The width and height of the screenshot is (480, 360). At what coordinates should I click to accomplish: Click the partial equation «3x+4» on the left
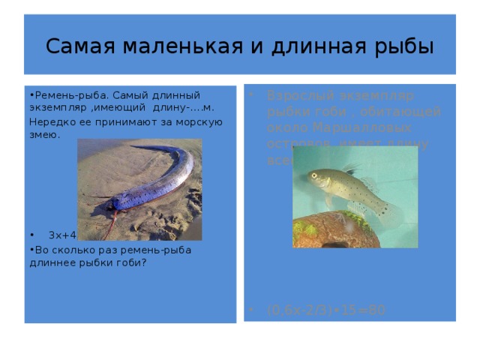60,236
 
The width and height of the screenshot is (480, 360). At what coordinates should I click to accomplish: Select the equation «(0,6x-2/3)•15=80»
326,308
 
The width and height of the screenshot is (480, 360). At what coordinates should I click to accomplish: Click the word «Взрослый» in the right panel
295,97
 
